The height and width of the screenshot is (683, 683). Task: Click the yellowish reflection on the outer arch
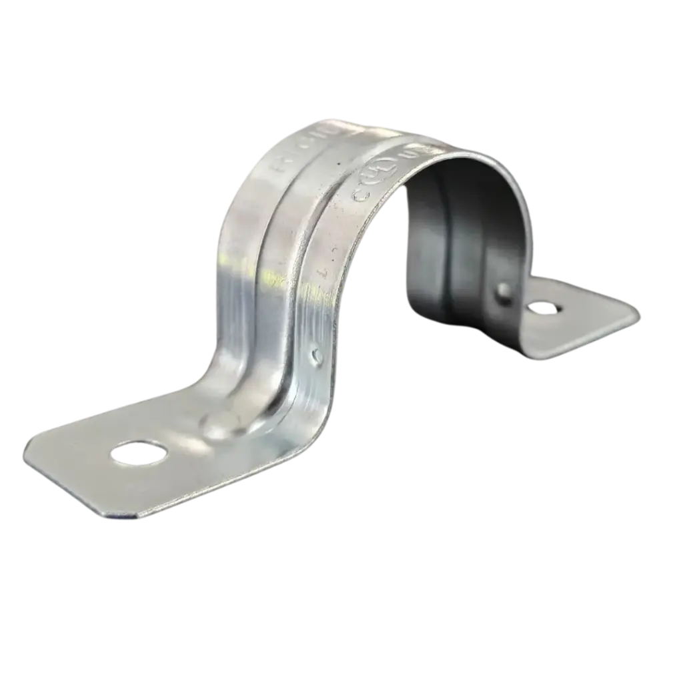[x=273, y=273]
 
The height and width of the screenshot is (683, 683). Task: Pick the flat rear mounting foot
[x=574, y=320]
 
